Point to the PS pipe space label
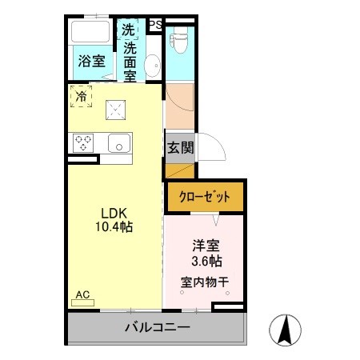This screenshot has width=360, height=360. click(x=155, y=24)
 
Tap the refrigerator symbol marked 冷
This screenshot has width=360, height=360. click(x=81, y=96)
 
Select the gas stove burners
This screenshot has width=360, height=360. click(x=83, y=143)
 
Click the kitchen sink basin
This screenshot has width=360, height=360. click(x=118, y=144)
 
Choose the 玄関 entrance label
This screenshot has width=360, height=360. click(x=178, y=147)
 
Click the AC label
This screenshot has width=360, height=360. click(x=82, y=295)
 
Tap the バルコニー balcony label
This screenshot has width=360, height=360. click(x=157, y=327)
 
